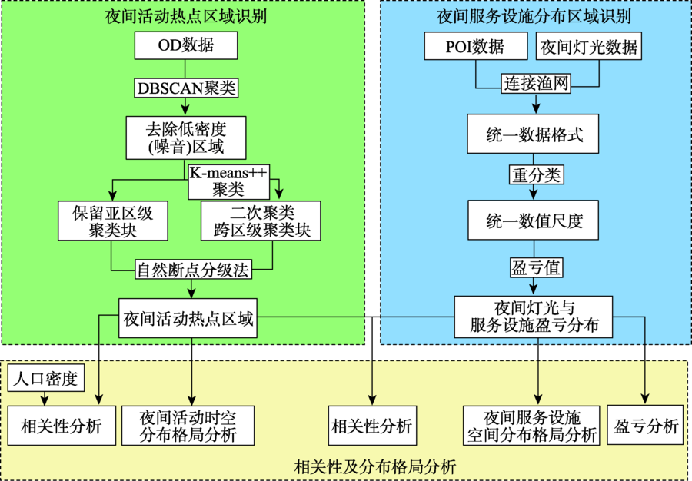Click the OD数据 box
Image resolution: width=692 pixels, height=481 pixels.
tap(186, 45)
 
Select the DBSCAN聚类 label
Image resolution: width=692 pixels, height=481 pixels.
tap(186, 88)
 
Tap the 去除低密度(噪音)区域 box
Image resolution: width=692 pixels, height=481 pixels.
tap(186, 138)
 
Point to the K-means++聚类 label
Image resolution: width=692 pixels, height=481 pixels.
tap(228, 182)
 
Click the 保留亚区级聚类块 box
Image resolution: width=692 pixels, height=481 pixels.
tap(113, 221)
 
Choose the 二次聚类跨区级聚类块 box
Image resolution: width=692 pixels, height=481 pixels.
tap(261, 221)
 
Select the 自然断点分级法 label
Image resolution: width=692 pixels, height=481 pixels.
tap(193, 270)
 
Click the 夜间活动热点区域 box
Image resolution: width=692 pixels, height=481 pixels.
tap(188, 318)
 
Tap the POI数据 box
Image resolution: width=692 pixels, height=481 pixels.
tap(476, 46)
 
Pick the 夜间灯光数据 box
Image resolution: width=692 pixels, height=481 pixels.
tap(589, 46)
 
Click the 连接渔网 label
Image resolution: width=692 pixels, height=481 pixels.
tap(536, 83)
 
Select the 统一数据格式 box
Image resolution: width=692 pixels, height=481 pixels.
tap(533, 134)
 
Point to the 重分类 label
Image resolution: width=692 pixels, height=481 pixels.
tap(536, 175)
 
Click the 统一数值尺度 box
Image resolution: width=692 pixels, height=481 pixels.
tap(533, 220)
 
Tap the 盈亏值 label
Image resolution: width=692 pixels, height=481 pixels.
tap(536, 267)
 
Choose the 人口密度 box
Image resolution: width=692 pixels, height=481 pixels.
tap(46, 378)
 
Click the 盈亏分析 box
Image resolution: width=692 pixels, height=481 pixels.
tap(645, 426)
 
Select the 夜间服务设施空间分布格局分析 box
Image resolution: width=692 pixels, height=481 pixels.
tap(531, 426)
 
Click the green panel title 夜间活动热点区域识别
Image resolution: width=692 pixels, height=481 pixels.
tap(186, 16)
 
